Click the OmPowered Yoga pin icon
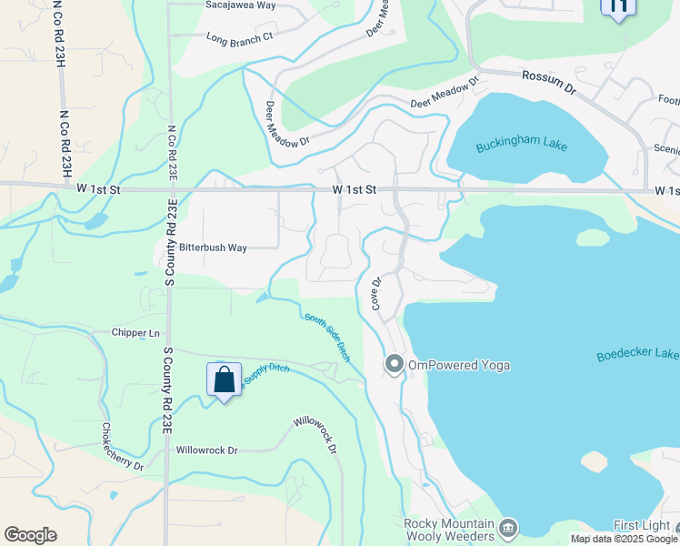394,364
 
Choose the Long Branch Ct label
240,37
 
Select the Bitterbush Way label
213,248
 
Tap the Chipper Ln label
135,333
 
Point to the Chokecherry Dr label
121,446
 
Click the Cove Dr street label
375,294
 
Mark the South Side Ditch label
327,337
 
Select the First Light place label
641,526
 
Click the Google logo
30,535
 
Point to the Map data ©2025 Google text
624,539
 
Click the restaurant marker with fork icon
618,7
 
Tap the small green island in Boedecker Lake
592,238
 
